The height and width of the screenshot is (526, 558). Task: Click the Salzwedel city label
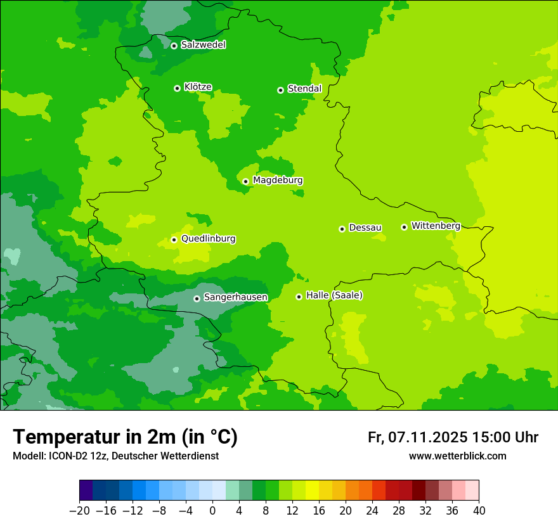tap(203, 45)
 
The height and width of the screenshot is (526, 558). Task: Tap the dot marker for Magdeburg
tap(246, 181)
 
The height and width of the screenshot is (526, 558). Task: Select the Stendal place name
tap(304, 89)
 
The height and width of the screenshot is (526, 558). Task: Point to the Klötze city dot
tap(177, 88)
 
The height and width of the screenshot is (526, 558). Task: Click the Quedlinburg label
tap(208, 239)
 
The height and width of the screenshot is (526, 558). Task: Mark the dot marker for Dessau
tap(342, 229)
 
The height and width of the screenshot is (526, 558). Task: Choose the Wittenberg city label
tap(435, 226)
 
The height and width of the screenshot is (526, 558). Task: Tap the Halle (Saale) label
tap(334, 295)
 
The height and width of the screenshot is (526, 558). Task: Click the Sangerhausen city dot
tap(197, 298)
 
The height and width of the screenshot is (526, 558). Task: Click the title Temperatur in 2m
tap(125, 437)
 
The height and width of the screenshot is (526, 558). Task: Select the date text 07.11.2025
tap(428, 437)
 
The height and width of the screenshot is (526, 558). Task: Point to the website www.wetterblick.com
tap(457, 456)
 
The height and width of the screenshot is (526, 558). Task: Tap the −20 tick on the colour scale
tap(79, 511)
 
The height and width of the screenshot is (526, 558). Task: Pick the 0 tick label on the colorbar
tap(212, 511)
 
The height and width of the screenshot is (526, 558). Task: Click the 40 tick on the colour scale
tap(479, 511)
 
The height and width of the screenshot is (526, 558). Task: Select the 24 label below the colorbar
tap(372, 511)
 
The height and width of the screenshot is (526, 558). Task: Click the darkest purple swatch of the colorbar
tap(86, 491)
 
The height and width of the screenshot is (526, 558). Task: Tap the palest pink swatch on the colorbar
tap(472, 491)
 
